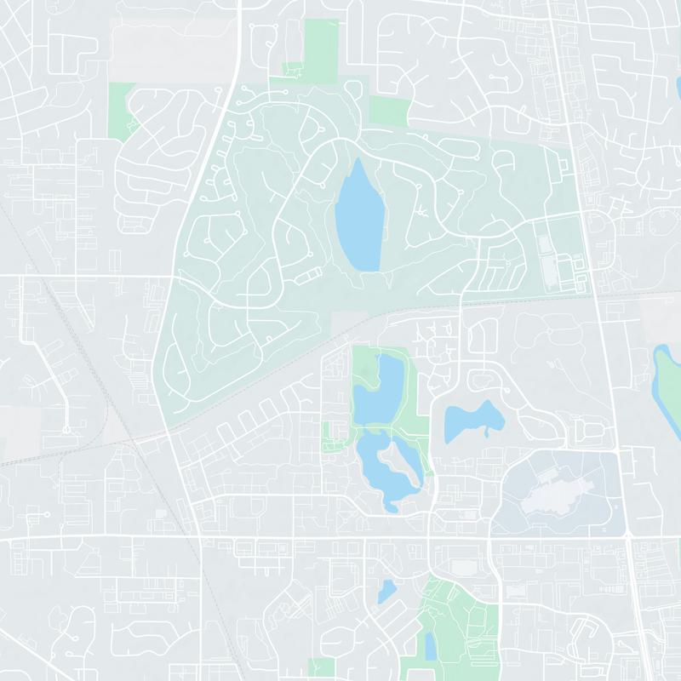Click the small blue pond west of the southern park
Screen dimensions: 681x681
(x=386, y=590)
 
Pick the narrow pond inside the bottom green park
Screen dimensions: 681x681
(x=431, y=647)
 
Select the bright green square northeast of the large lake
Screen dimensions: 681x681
(x=391, y=111)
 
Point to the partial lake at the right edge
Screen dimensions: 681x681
(x=667, y=379)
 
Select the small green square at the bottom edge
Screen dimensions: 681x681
(x=321, y=669)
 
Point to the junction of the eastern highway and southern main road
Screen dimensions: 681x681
(x=627, y=538)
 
